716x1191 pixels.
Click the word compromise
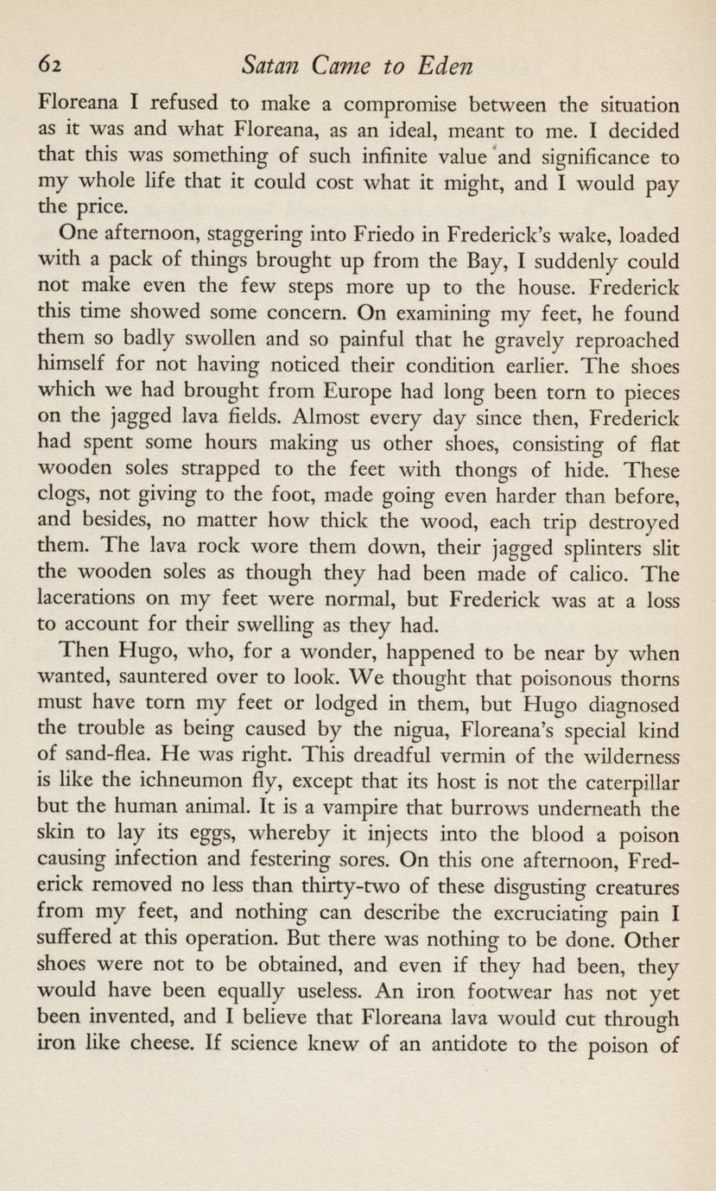[404, 107]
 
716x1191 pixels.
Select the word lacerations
[88, 599]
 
